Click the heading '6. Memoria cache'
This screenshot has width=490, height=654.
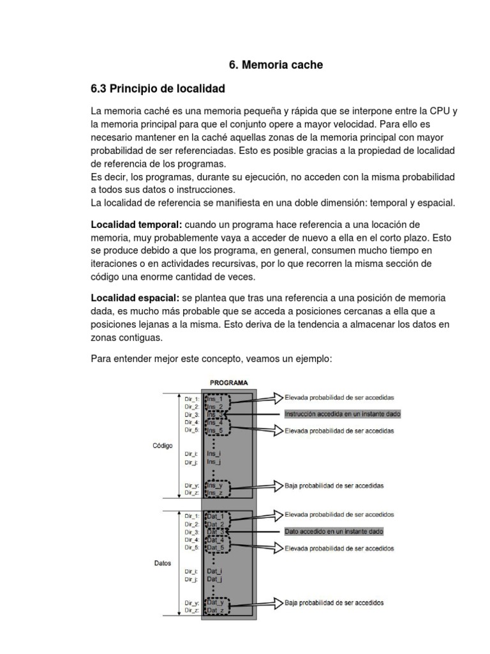276,65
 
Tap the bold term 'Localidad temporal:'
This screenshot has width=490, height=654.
137,225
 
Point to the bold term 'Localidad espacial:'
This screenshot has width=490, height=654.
136,299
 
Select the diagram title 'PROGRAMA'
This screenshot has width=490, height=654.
229,383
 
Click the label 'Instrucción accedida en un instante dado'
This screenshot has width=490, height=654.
342,414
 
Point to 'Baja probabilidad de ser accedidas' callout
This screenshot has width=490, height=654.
334,486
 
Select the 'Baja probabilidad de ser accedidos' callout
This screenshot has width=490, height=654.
334,602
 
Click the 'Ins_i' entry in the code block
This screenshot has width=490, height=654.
214,453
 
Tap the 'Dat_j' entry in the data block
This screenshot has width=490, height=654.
214,579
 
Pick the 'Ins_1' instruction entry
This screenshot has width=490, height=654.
216,399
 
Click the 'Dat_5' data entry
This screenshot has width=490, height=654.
216,548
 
